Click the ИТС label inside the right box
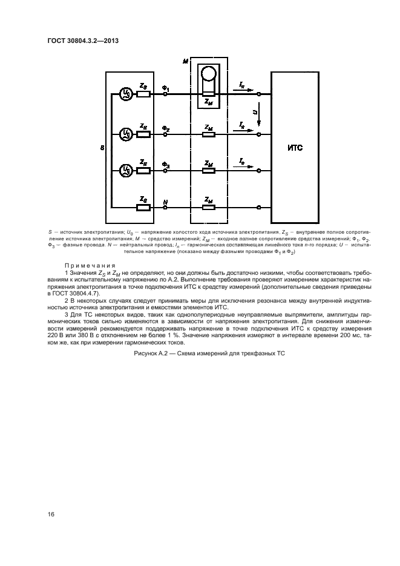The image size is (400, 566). (295, 147)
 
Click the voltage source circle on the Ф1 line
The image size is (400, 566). (125, 94)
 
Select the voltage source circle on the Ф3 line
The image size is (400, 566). (125, 170)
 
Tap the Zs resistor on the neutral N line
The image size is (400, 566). (143, 208)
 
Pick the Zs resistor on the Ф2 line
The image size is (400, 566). (143, 133)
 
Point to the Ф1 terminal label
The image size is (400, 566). (166, 88)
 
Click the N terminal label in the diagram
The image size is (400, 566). (165, 200)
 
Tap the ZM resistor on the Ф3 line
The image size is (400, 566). (208, 170)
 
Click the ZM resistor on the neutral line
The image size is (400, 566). (208, 208)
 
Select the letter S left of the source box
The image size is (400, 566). (102, 147)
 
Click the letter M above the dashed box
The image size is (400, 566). (185, 62)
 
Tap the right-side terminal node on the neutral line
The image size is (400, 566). (259, 208)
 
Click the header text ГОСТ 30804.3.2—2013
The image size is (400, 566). (83, 41)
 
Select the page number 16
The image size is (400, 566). (51, 514)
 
